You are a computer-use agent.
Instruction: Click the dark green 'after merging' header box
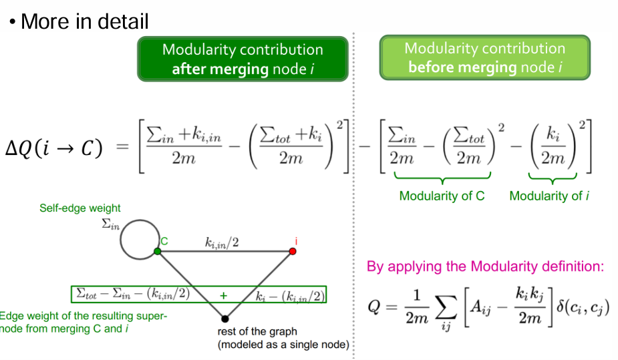[x=242, y=59]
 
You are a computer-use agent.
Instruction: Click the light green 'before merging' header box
[x=484, y=57]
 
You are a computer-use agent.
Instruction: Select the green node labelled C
[x=158, y=251]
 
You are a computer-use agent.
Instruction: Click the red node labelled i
[x=292, y=251]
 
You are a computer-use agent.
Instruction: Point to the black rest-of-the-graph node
[x=225, y=319]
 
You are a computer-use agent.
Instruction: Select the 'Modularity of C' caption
[x=442, y=196]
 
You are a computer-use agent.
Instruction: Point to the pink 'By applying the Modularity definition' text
[x=485, y=266]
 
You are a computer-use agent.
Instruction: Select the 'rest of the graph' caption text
[x=257, y=331]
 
